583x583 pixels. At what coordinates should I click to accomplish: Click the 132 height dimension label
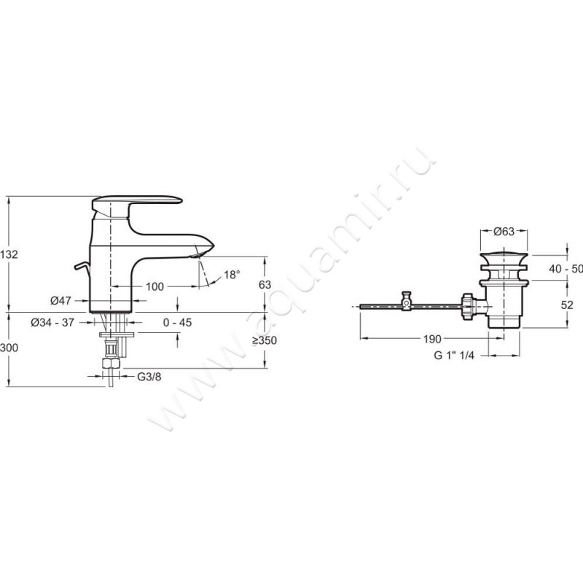tap(9, 254)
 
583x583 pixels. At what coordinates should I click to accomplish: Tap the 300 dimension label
tap(9, 348)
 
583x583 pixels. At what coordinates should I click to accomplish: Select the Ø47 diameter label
tap(60, 300)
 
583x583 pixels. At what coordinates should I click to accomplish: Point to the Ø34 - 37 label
tap(52, 322)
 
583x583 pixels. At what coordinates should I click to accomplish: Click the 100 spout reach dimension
tap(154, 286)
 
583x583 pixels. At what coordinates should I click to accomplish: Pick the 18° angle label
tap(232, 275)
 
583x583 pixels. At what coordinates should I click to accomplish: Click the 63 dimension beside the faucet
tap(265, 285)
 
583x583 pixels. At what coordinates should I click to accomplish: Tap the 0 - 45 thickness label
tap(177, 322)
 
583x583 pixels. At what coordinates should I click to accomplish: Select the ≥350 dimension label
tap(265, 340)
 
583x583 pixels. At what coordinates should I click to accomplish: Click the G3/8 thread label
tap(149, 377)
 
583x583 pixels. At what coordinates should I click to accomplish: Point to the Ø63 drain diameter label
tap(504, 232)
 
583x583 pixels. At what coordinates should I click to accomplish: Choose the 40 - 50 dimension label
tap(566, 268)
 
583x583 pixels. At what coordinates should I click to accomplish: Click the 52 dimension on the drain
tap(567, 305)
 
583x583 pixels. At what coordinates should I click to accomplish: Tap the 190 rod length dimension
tap(432, 339)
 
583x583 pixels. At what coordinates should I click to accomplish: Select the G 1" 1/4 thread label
tap(454, 356)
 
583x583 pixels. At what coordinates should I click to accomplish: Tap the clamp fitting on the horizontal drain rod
tap(407, 300)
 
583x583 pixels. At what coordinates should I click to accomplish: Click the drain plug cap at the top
tap(504, 259)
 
